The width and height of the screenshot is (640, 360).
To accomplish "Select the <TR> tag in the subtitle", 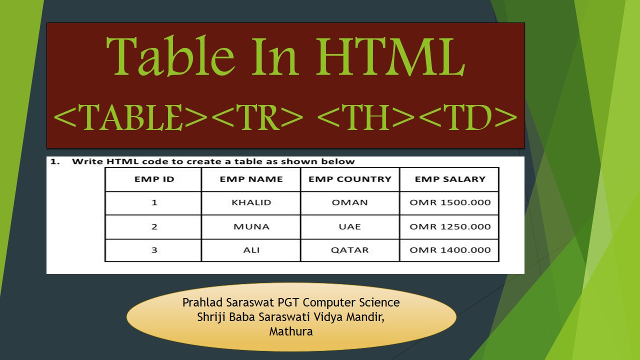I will [259, 118].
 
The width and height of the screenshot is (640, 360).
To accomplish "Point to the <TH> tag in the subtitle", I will [367, 118].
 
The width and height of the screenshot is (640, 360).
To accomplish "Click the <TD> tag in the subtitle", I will [467, 118].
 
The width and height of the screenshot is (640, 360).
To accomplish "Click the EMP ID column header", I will [154, 179].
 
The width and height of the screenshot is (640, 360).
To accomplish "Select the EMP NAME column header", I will [251, 179].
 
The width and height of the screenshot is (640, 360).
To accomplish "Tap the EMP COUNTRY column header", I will [349, 179].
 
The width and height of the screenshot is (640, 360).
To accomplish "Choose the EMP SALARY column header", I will [449, 179].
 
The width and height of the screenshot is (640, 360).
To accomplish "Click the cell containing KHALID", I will [251, 202].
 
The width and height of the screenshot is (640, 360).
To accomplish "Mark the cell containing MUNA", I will [251, 226].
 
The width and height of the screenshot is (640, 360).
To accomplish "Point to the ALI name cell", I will [251, 250].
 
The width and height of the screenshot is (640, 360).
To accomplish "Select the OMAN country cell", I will [349, 202].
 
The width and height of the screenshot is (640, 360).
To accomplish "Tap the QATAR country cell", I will [349, 250].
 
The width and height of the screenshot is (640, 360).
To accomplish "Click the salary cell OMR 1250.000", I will [449, 226].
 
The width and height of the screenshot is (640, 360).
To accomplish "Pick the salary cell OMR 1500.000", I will [449, 202].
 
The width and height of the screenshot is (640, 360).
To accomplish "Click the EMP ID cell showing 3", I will [154, 250].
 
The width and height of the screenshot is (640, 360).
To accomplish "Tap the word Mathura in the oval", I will [290, 331].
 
